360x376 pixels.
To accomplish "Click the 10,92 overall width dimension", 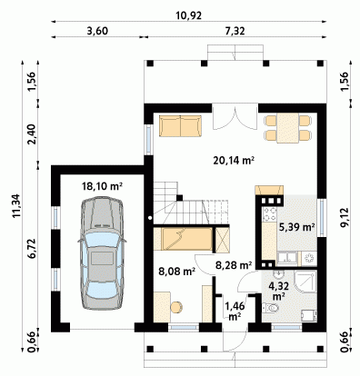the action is tap(188, 15).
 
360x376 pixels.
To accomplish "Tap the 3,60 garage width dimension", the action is tap(97, 31).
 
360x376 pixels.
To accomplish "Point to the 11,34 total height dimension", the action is tap(16, 205).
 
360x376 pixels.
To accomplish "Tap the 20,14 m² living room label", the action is tap(234, 161).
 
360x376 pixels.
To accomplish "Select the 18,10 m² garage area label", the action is tap(102, 186).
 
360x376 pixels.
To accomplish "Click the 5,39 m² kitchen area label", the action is tap(296, 227).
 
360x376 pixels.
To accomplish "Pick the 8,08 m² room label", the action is tap(176, 271).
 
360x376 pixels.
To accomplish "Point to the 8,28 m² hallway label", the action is tap(234, 265).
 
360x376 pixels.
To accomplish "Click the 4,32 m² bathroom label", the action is tap(279, 290).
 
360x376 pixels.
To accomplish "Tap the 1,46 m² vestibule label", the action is tap(235, 312).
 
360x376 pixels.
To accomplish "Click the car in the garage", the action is tap(102, 253).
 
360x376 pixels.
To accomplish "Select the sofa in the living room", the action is tap(181, 125).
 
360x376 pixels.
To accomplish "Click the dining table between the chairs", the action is tap(288, 127).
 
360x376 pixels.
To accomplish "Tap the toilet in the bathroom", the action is tap(270, 308).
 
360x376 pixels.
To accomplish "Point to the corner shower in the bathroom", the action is tap(305, 282).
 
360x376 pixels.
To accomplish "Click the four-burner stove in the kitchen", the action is tap(270, 213).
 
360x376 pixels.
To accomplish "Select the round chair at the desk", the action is tap(176, 307).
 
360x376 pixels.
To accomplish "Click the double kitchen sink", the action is tap(287, 258).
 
